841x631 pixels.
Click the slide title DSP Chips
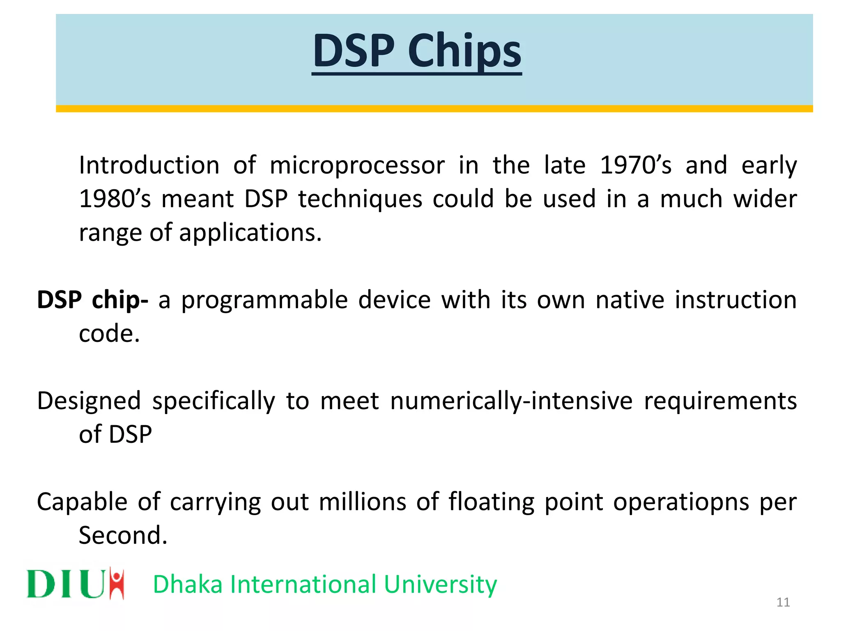416,51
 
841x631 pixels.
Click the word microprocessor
357,166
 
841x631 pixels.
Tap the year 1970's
635,166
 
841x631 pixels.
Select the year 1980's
115,199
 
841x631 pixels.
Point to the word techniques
360,199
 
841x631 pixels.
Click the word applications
250,233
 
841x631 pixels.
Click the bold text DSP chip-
92,300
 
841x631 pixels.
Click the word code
109,334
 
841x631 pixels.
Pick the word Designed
89,401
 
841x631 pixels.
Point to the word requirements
720,401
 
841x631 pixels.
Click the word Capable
82,502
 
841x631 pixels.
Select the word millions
362,502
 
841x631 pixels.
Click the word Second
123,536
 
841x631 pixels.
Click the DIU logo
76,583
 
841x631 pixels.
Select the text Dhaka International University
324,584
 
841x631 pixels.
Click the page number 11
783,602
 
